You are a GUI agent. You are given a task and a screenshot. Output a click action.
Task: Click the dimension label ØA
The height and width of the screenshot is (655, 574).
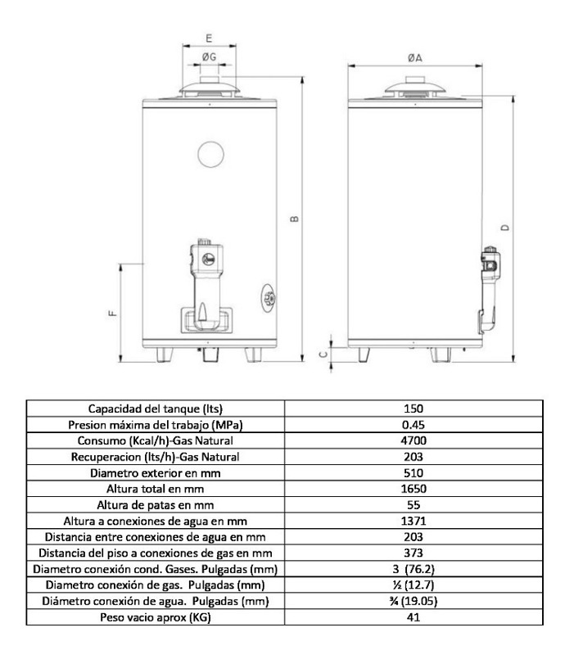pos(414,57)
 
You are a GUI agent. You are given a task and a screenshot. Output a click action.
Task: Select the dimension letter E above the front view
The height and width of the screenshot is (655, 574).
pos(209,38)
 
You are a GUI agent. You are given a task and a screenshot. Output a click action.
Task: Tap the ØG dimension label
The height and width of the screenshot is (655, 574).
pos(209,57)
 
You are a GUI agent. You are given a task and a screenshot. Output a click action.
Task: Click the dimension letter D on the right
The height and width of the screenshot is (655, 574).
pos(504,228)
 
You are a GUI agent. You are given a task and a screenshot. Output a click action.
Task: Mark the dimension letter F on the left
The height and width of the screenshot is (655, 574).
pos(111,311)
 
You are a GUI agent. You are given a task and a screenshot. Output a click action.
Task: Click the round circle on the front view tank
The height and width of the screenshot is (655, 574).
pos(210,153)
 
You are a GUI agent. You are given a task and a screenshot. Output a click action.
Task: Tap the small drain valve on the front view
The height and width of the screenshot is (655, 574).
pos(269,296)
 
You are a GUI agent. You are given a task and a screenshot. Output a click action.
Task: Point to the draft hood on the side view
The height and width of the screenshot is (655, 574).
pos(415,88)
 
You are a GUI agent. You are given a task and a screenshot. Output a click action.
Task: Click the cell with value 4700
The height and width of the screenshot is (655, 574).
pos(414,440)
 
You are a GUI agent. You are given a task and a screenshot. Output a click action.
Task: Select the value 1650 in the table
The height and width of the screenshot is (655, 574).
pos(414,488)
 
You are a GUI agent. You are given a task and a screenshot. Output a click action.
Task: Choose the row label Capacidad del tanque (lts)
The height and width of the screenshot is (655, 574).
pos(156,408)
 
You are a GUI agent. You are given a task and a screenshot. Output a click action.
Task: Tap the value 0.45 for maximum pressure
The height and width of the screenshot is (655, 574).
pos(414,424)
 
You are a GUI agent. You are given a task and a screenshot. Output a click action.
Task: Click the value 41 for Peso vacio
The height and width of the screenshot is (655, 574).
pos(414,617)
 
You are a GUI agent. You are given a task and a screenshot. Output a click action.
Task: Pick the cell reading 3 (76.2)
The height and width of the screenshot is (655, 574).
pos(414,568)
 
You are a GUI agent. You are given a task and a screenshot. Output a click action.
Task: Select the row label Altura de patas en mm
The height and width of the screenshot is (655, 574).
pos(156,504)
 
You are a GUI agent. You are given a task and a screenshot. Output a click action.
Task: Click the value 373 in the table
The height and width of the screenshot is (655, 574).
pos(414,553)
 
